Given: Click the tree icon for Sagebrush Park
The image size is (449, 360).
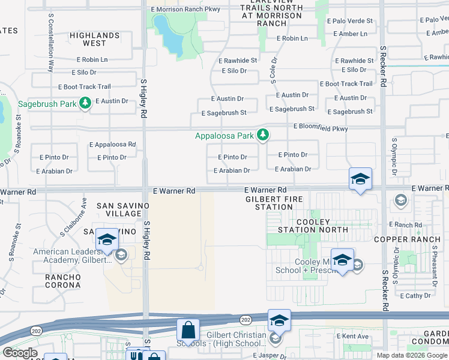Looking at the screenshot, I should coord(85,104).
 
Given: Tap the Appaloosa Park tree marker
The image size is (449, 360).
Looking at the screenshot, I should coord(263,136).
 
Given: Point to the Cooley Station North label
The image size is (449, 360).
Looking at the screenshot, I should coord(313,225).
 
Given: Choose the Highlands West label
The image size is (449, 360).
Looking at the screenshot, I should coord(95,40).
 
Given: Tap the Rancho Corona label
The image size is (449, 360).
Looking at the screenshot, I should coord(63,280).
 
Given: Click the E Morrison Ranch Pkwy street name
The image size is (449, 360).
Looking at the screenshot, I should coord(186,9).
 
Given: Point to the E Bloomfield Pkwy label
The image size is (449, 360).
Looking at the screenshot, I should coord(321,128).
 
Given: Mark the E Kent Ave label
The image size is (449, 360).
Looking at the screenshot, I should coord(353,337).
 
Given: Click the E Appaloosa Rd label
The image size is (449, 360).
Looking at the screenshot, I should coord(112,145).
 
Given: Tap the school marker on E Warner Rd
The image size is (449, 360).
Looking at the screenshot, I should coord(360,179).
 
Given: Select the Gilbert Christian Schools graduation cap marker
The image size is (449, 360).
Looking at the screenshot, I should coord(279,320).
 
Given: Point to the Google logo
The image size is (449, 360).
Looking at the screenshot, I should coord(20,353).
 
